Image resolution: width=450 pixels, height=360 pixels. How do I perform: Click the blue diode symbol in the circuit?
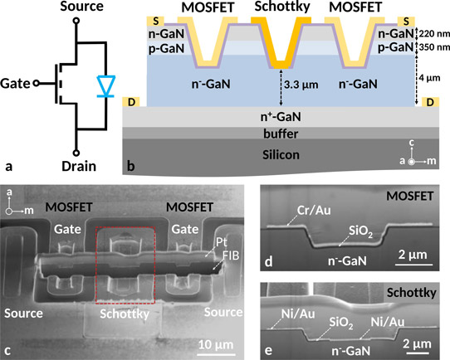[106, 86]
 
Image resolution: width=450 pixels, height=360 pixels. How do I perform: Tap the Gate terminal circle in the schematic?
[36, 84]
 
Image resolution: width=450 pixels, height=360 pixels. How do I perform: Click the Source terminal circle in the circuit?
[76, 21]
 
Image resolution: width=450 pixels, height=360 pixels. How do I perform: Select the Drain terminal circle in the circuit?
[76, 153]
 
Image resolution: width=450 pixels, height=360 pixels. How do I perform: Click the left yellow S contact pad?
[155, 22]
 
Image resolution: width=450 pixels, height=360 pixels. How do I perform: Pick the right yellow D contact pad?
[430, 102]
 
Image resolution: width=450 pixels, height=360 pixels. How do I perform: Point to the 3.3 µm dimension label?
[301, 85]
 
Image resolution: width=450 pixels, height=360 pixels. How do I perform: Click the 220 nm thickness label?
[434, 33]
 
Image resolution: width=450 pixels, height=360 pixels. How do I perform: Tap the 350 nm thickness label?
[434, 46]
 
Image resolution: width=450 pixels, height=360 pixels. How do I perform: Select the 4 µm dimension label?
[429, 78]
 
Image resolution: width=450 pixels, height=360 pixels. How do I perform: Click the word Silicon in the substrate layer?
[281, 155]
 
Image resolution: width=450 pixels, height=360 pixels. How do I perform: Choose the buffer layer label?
[281, 134]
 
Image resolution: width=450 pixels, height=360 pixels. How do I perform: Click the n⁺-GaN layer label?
[281, 117]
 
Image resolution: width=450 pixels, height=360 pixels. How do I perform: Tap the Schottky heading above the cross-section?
[282, 7]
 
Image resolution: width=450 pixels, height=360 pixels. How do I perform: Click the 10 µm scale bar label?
[216, 344]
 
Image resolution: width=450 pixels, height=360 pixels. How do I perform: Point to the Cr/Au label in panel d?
[314, 211]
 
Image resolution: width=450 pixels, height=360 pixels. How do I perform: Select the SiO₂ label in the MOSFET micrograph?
[360, 231]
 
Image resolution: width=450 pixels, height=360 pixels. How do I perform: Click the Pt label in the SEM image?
[221, 242]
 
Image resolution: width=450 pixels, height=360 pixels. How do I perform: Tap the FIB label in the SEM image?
[231, 255]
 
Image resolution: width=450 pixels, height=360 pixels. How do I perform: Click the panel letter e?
[268, 351]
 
